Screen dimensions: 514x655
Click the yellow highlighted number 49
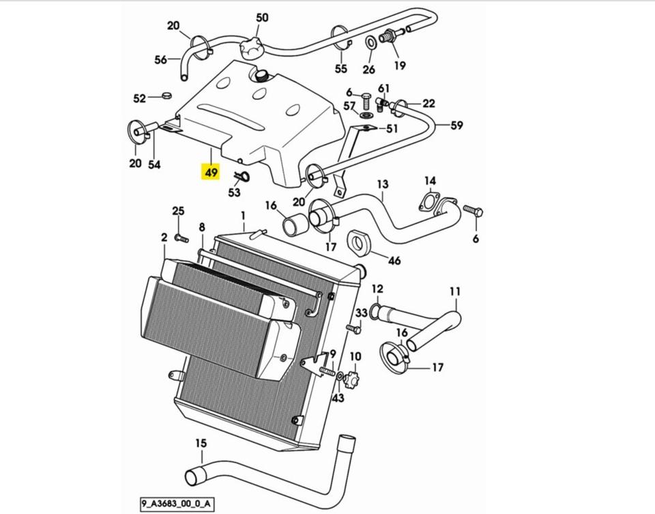210,172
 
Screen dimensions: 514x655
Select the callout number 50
262,18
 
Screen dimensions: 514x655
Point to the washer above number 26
368,43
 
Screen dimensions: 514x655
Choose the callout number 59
456,125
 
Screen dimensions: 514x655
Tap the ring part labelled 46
358,241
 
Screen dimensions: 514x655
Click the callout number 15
200,444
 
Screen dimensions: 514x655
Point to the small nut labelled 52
166,96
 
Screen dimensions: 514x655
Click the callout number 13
382,184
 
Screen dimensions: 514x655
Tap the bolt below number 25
181,238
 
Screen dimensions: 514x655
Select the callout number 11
455,292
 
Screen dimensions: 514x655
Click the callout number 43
338,398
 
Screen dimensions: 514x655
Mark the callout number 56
160,60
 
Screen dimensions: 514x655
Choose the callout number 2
164,238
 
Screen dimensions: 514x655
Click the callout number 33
362,313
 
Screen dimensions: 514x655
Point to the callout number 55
340,68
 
